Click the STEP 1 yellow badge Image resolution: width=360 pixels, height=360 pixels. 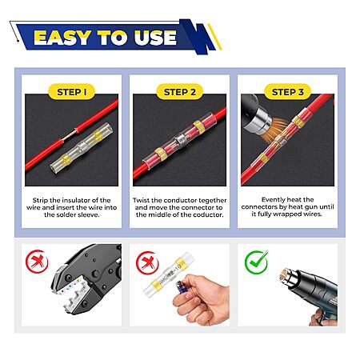pyautogui.click(x=71, y=92)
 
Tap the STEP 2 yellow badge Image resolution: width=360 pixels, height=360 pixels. pyautogui.click(x=179, y=92)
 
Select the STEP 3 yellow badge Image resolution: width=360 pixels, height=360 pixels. pyautogui.click(x=287, y=92)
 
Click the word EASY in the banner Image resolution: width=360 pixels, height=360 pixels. pyautogui.click(x=62, y=38)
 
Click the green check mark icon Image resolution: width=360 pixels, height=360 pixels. pyautogui.click(x=256, y=262)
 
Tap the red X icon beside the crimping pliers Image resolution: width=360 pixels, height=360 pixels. pyautogui.click(x=37, y=262)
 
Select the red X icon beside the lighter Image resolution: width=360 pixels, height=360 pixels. pyautogui.click(x=147, y=263)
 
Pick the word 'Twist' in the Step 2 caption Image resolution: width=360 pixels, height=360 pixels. pyautogui.click(x=142, y=200)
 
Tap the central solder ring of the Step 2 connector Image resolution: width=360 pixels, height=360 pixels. pyautogui.click(x=180, y=139)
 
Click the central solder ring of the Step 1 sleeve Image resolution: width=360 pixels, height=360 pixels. pyautogui.click(x=82, y=146)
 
